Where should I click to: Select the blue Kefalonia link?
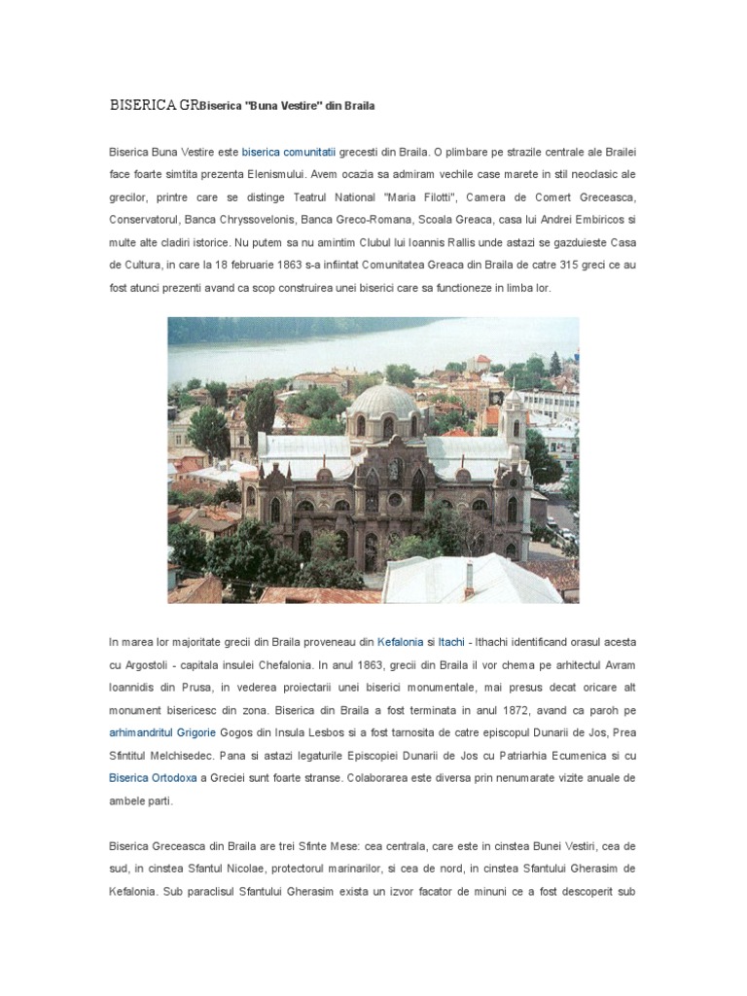coord(400,642)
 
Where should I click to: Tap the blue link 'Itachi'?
coord(451,642)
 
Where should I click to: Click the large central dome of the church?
coord(387,403)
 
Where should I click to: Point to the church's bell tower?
coord(513,418)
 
